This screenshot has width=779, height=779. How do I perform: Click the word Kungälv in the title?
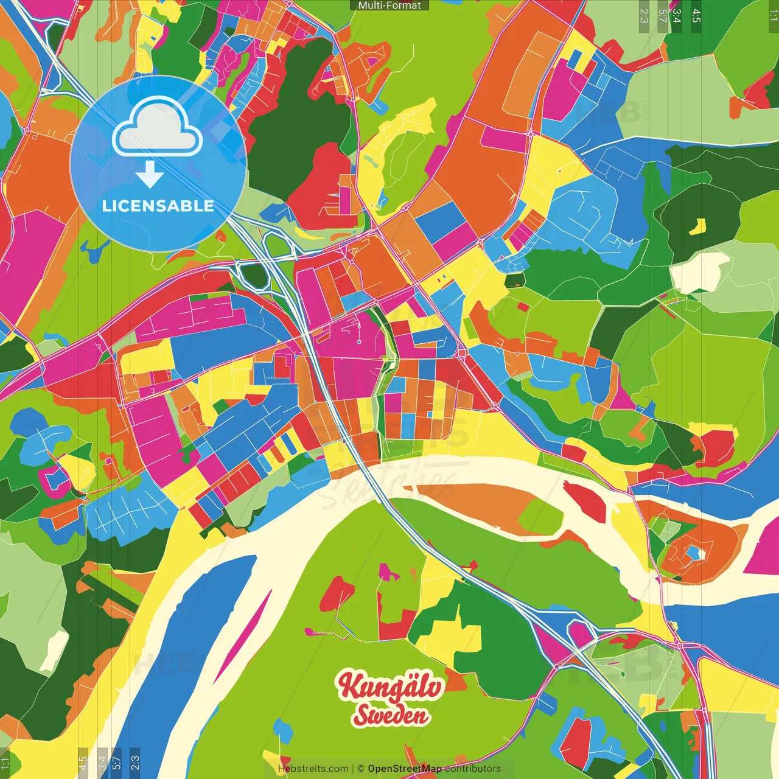[390, 686]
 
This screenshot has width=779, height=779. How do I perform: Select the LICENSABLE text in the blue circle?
[158, 206]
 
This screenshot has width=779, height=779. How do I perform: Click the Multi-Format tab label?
[389, 5]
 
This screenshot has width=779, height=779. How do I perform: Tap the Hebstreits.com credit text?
[313, 769]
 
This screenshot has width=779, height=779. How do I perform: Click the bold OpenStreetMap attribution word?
[404, 769]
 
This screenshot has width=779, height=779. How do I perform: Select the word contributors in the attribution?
[473, 769]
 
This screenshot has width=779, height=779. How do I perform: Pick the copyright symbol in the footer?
[360, 769]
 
